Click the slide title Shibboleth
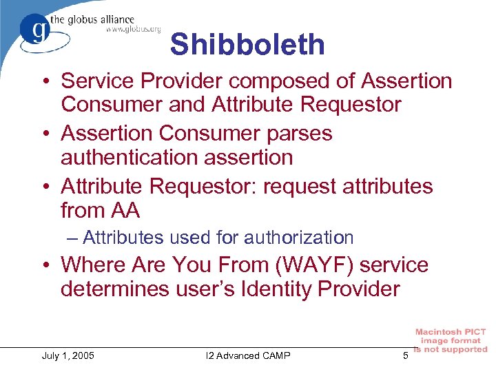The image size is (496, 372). point(247,45)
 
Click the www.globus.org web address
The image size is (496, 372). point(133,30)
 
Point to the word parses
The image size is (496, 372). point(299,133)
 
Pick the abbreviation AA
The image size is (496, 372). point(127,209)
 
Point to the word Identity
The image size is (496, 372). point(261,289)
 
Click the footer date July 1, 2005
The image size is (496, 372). point(68,355)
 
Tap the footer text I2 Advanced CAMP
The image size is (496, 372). point(248,355)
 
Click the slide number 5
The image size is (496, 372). point(406,355)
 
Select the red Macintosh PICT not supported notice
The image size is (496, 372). point(451,340)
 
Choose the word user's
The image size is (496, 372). point(196,289)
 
